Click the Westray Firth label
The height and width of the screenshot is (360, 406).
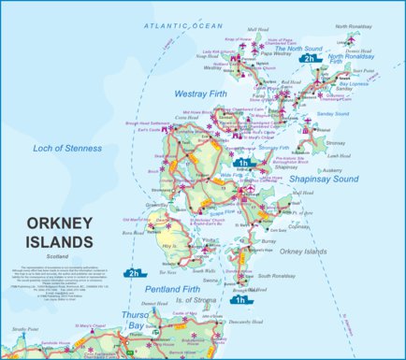202,94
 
